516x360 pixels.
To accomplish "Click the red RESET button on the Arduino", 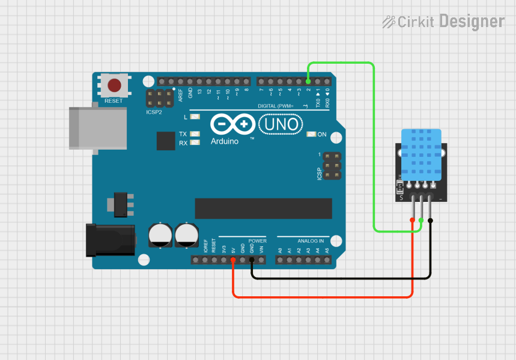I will point(114,85).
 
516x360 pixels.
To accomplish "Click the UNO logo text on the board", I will point(280,125).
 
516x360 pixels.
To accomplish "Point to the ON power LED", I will point(311,134).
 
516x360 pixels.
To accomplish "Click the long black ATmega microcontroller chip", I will point(263,208).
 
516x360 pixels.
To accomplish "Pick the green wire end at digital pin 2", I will point(308,81).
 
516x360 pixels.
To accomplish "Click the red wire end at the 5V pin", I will point(233,260).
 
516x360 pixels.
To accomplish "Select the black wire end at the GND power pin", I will point(252,260).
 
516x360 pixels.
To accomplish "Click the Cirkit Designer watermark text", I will point(444,22).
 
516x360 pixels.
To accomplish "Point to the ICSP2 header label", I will point(154,112).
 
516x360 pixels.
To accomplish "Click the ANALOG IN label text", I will point(310,240).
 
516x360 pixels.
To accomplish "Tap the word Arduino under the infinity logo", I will point(225,141).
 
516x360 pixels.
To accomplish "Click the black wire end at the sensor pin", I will point(431,221).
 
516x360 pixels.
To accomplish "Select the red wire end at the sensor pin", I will point(413,221).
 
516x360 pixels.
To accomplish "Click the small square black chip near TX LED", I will point(166,141).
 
